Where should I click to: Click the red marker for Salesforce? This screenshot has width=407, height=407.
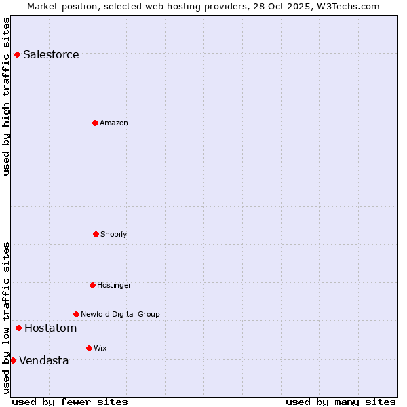[x=17, y=54]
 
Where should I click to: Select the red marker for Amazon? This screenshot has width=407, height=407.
[x=95, y=123]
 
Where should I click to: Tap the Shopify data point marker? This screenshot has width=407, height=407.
[x=96, y=234]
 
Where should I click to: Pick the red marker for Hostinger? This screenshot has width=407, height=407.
[x=92, y=285]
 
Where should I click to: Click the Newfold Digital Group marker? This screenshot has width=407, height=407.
[x=76, y=314]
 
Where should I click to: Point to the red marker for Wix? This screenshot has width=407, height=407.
[x=89, y=348]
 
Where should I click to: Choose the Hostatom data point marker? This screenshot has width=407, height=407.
[x=18, y=328]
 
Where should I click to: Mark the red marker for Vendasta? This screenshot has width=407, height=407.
[x=13, y=360]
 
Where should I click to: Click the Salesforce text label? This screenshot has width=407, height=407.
[x=51, y=55]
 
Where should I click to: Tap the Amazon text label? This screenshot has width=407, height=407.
[x=114, y=123]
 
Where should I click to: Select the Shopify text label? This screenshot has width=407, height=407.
[x=114, y=235]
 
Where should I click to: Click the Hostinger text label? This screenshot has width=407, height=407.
[x=114, y=286]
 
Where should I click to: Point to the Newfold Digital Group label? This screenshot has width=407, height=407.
[x=120, y=315]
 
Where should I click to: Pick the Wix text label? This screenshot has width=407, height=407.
[x=100, y=349]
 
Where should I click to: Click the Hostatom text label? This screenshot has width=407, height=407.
[x=50, y=328]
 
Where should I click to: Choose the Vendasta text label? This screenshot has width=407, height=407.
[x=44, y=361]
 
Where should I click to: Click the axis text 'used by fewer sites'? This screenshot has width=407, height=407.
[x=70, y=402]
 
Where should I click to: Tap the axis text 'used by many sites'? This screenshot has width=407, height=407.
[x=341, y=402]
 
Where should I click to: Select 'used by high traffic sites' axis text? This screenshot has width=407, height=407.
[x=7, y=96]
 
